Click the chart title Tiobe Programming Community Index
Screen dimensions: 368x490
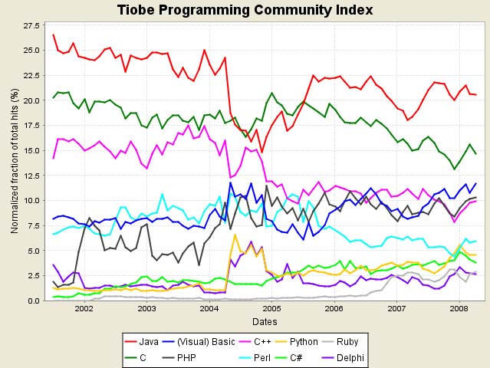click(245, 10)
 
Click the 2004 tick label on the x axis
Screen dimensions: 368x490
click(209, 308)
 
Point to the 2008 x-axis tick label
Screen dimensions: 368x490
click(459, 308)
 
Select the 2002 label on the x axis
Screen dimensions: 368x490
click(84, 308)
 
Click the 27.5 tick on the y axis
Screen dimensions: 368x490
click(32, 26)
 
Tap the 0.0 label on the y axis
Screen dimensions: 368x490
click(35, 301)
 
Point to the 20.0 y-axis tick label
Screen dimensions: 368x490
click(32, 100)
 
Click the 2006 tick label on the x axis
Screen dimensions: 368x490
click(334, 308)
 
